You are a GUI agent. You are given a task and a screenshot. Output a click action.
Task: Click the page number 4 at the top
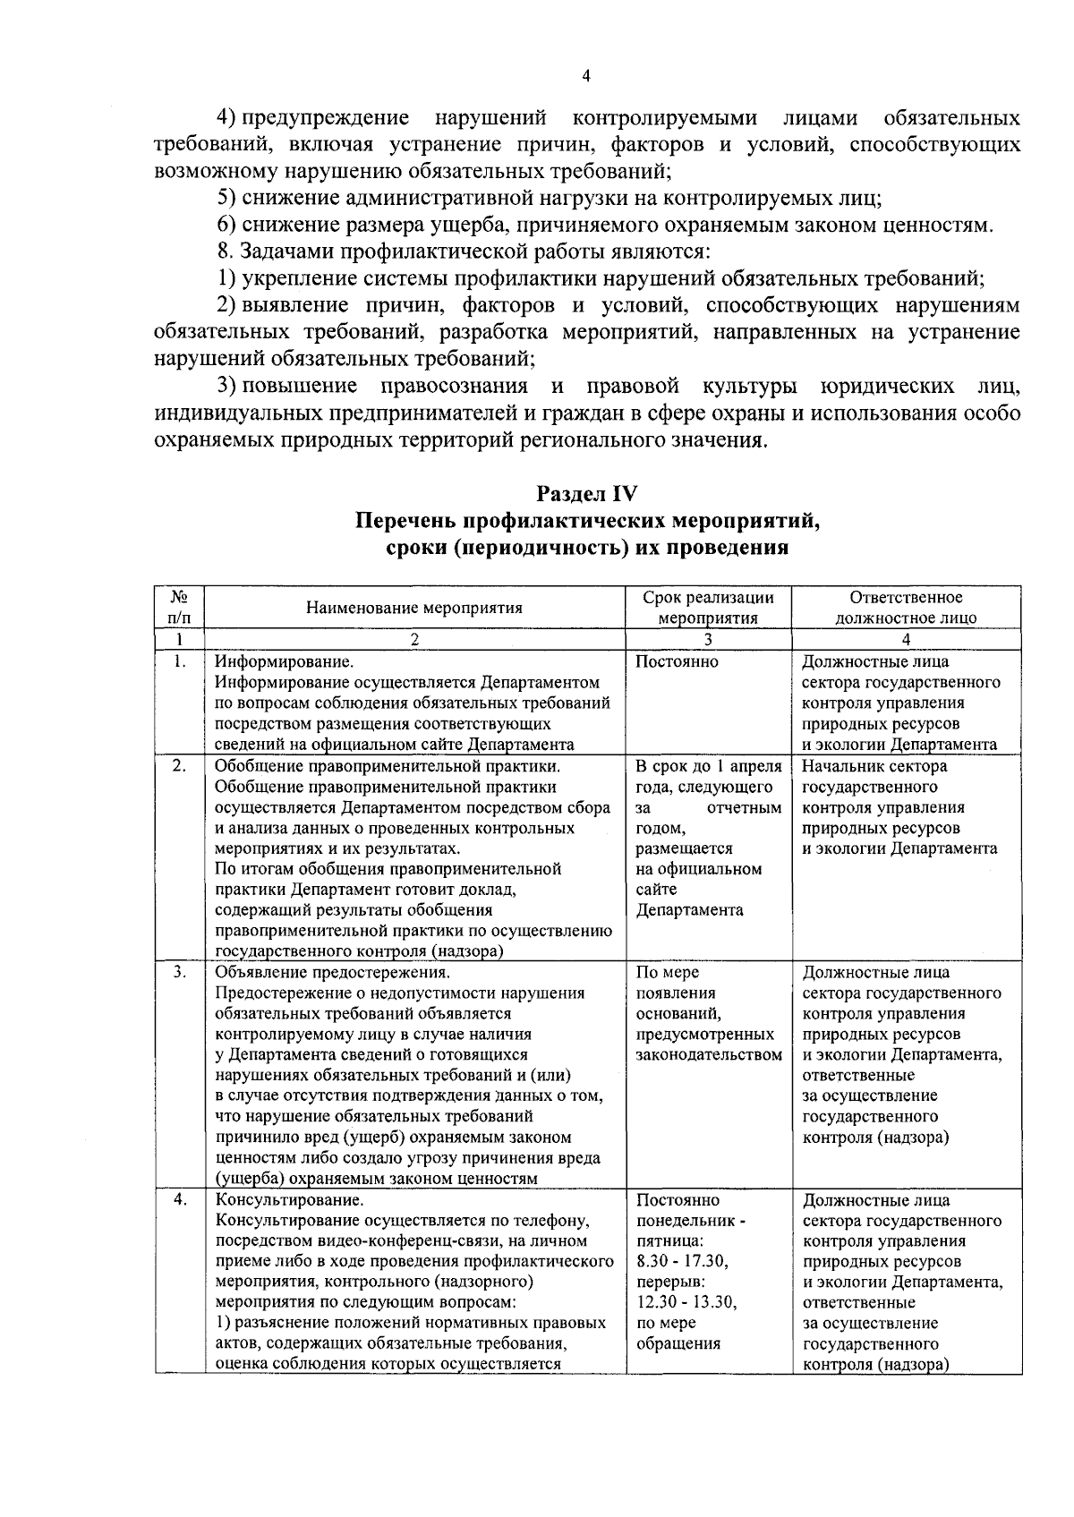585,76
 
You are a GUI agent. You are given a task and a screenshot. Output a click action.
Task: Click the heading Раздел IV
586,493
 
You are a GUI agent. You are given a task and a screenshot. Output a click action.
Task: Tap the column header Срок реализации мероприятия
708,608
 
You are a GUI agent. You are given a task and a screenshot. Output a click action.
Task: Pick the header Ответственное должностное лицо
906,608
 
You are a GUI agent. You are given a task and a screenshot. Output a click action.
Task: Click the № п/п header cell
179,608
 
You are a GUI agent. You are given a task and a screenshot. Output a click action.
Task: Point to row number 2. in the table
179,766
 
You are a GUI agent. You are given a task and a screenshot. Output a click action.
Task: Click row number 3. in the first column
179,972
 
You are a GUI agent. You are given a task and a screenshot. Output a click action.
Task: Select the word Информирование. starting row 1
284,663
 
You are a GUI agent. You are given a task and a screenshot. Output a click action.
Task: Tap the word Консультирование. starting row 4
289,1200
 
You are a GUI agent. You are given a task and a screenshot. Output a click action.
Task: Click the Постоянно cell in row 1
677,663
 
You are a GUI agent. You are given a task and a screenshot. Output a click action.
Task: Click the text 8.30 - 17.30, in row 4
682,1262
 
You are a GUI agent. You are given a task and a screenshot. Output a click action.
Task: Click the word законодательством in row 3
708,1055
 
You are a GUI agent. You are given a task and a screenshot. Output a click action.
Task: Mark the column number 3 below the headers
707,639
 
